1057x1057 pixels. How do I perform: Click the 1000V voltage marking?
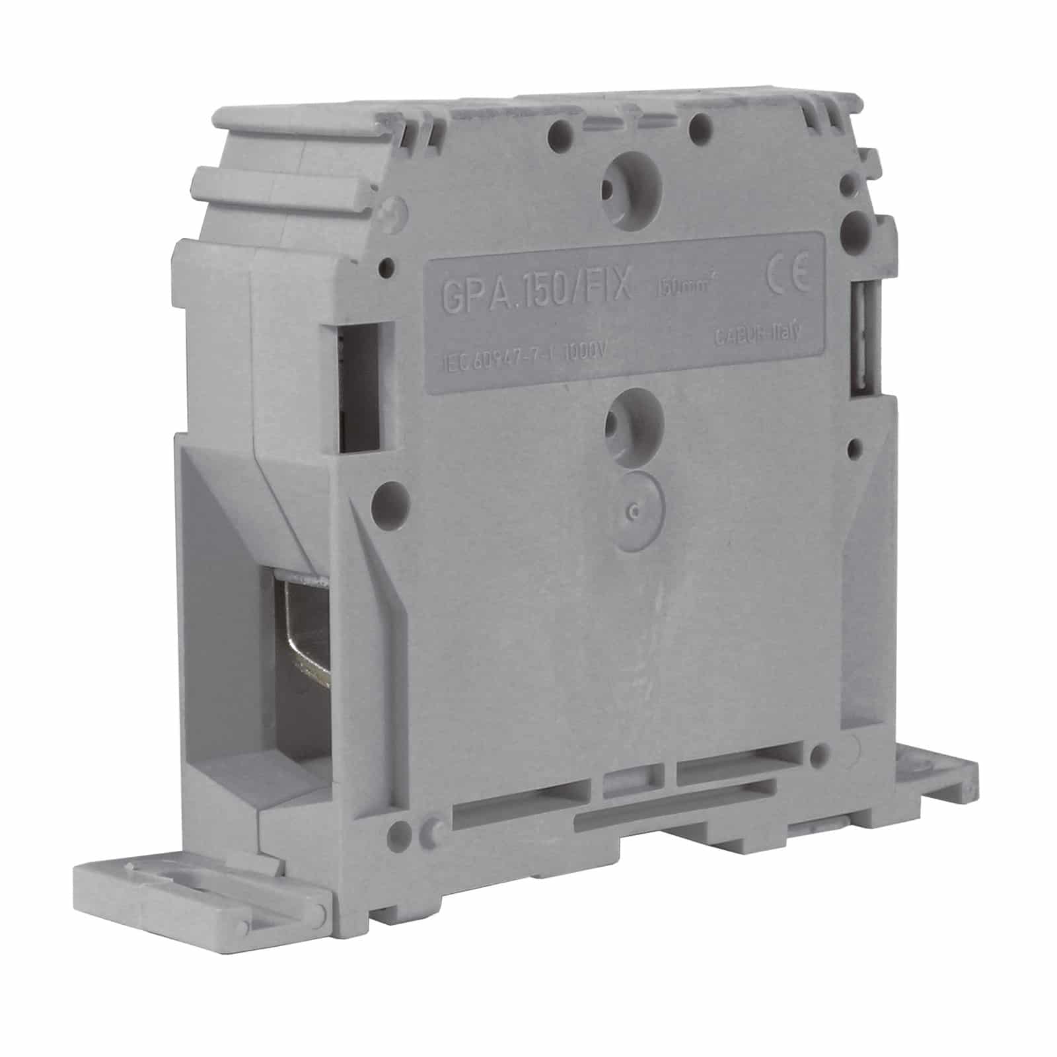tap(583, 352)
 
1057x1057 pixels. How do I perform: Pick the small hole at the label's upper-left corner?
tap(387, 267)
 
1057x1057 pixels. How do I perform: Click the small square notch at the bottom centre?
tap(624, 780)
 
